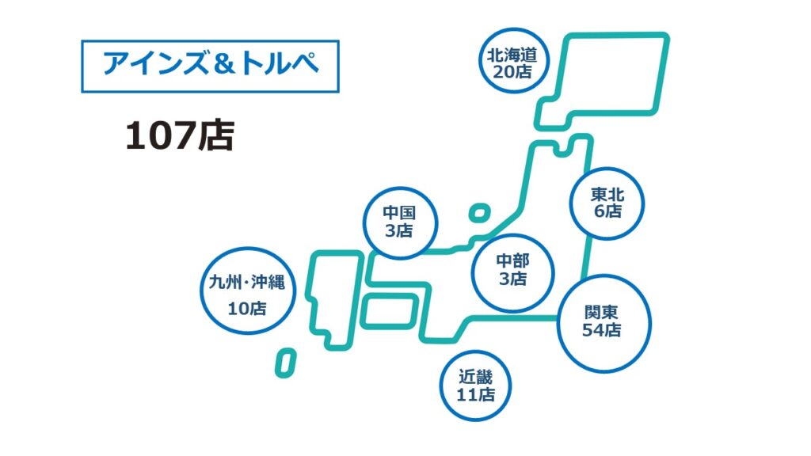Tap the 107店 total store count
[180, 135]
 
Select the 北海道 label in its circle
[512, 55]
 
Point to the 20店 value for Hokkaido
[512, 72]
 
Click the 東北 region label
[607, 195]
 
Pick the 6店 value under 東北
[607, 211]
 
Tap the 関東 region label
[602, 312]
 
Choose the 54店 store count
[602, 330]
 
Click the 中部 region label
[512, 261]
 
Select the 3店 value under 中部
[512, 279]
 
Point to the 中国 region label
[399, 212]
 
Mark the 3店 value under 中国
[399, 230]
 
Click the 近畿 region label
[475, 377]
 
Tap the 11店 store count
[475, 394]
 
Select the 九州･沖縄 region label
[247, 283]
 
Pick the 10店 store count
[247, 309]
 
